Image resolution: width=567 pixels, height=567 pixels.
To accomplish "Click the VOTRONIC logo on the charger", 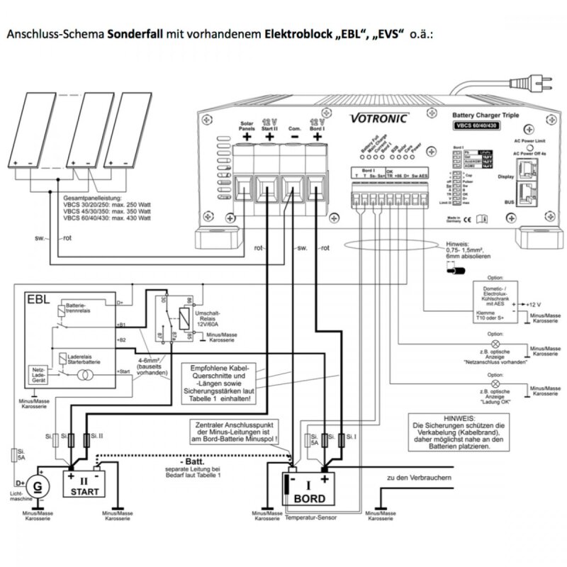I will point(378,118).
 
